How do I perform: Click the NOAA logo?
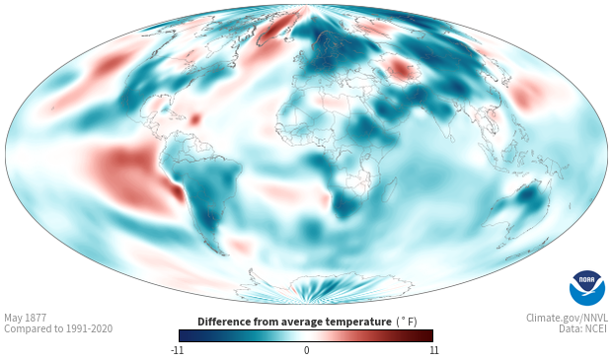click(587, 288)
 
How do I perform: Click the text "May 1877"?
click(26, 318)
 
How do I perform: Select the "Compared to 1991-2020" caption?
click(58, 328)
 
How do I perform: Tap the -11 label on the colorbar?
click(178, 350)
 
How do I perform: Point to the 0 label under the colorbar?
click(306, 350)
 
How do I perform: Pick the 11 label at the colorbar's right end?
click(433, 350)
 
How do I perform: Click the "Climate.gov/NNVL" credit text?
click(567, 318)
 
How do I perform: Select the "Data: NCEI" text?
click(583, 328)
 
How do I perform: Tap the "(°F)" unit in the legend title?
click(407, 322)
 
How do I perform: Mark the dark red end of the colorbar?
click(427, 335)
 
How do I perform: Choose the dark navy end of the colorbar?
click(185, 335)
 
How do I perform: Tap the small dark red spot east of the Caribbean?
click(194, 118)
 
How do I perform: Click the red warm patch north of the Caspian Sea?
click(401, 69)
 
